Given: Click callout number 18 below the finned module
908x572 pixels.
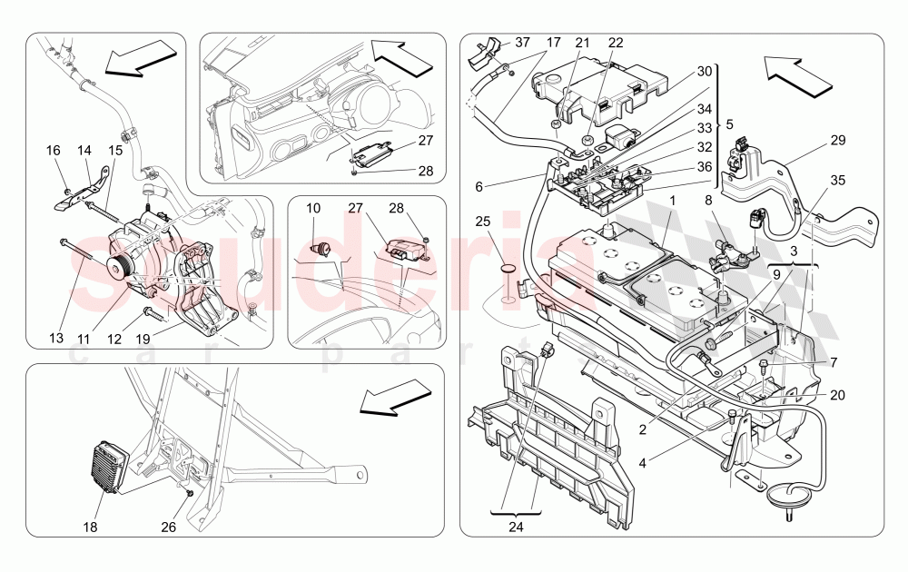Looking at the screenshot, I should click(89, 527).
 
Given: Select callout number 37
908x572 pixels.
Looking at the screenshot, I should click(522, 43).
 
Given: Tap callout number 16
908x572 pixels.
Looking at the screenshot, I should click(54, 152).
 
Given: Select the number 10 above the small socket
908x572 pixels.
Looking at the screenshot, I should click(313, 209).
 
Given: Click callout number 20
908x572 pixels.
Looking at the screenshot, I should click(835, 395).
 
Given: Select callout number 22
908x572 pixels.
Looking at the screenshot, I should click(616, 43).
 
